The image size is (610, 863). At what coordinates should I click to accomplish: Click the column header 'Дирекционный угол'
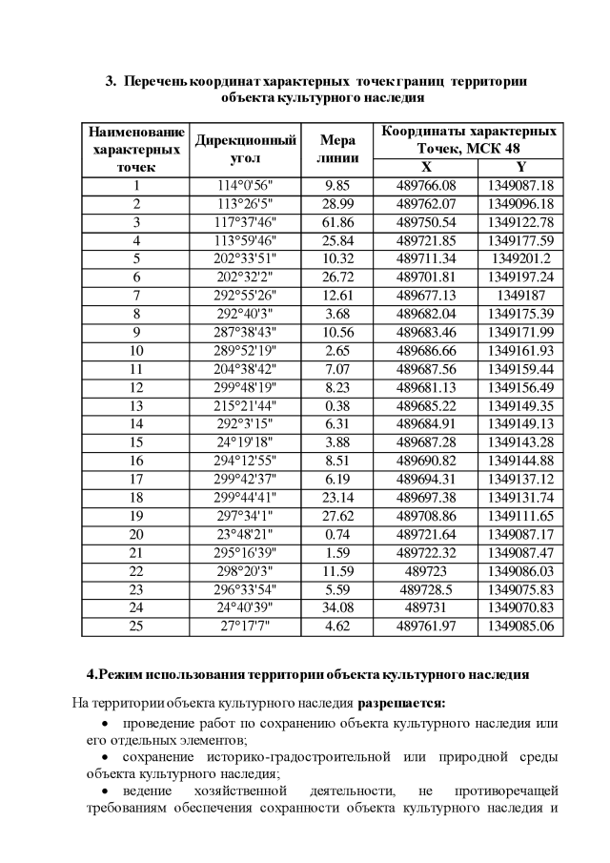coord(246,149)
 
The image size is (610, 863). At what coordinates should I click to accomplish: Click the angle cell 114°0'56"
coord(246,185)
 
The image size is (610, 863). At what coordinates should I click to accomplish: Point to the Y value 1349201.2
coord(520,258)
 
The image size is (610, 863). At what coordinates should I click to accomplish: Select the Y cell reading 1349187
coord(520,295)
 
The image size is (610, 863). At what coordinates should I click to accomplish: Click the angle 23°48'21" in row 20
coord(246,534)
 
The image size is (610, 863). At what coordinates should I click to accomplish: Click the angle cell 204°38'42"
coord(246,368)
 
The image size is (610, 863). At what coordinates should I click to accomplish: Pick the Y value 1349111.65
coord(520,516)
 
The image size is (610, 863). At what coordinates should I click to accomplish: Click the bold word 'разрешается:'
coord(400,705)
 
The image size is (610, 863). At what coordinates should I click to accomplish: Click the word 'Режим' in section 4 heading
coord(119,674)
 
